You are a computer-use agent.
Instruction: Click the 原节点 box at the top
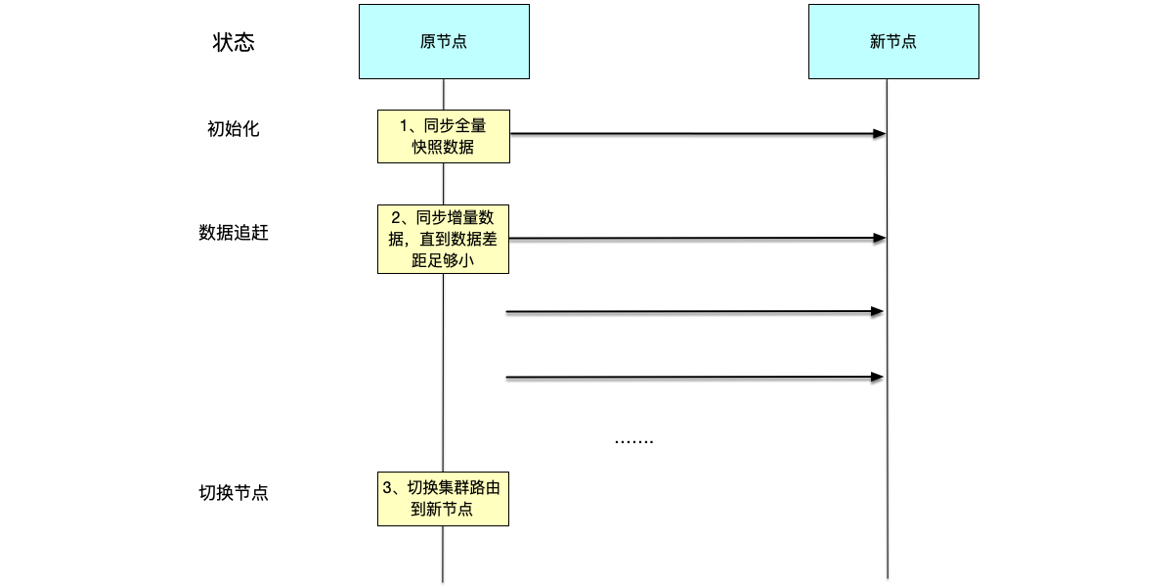pos(444,41)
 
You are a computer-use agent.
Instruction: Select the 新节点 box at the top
pos(893,41)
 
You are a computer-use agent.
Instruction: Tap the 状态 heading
pos(234,42)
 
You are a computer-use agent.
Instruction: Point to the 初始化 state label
pos(234,128)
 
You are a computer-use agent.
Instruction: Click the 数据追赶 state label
pos(234,233)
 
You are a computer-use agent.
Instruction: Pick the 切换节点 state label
pos(234,492)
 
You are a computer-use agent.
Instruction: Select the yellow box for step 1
pos(444,136)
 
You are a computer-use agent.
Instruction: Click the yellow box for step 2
pos(444,239)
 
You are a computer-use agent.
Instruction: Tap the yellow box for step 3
pos(444,498)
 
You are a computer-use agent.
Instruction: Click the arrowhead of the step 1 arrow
pos(880,133)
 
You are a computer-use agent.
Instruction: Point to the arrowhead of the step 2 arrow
pos(880,238)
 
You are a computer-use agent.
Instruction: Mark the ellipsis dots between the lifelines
pos(633,442)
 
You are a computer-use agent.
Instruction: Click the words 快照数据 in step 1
pos(444,148)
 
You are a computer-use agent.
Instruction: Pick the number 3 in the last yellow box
pos(387,487)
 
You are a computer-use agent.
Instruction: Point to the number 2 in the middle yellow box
pos(396,217)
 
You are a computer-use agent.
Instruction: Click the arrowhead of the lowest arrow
pos(878,377)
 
